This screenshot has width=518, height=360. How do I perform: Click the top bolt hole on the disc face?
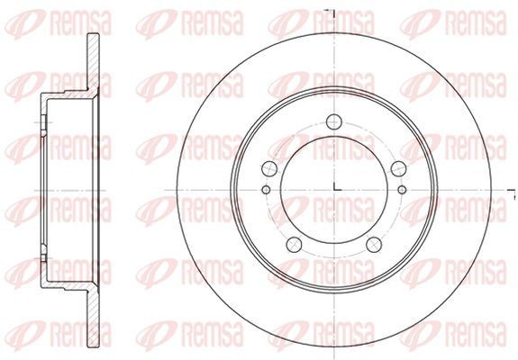pyautogui.click(x=333, y=121)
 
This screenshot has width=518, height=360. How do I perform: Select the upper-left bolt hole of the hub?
pyautogui.click(x=269, y=168)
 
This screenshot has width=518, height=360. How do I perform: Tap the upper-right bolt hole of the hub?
pyautogui.click(x=398, y=168)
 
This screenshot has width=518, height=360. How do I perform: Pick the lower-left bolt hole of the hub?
pyautogui.click(x=294, y=244)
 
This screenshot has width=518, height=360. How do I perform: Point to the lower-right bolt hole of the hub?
pyautogui.click(x=374, y=244)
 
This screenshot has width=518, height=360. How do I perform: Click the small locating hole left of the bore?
pyautogui.click(x=266, y=190)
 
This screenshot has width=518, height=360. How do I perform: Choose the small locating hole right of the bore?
pyautogui.click(x=402, y=190)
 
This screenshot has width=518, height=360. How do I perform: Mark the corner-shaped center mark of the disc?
pyautogui.click(x=337, y=187)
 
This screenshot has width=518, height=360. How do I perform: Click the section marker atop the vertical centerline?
pyautogui.click(x=331, y=13)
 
